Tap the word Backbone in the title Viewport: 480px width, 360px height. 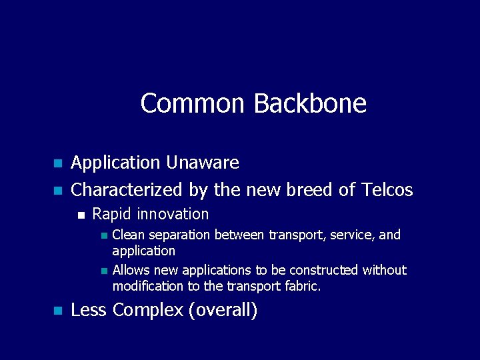(x=310, y=103)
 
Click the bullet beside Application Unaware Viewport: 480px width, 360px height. (x=57, y=163)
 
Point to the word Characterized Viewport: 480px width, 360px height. (x=127, y=190)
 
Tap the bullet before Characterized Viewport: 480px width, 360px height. (x=57, y=191)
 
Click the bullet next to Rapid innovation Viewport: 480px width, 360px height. (x=81, y=215)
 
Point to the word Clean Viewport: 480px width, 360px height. (x=128, y=235)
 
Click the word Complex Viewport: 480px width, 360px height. (x=148, y=310)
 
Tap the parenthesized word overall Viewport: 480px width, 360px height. (x=223, y=310)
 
